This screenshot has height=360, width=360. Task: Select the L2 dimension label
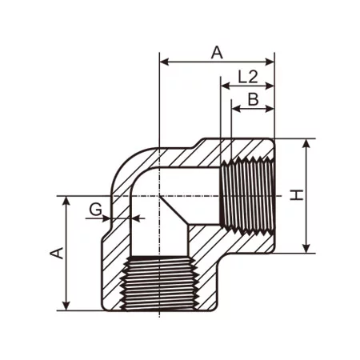click(248, 77)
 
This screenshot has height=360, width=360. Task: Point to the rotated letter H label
click(297, 195)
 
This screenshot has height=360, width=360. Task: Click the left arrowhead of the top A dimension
click(165, 61)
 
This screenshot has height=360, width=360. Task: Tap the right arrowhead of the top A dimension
click(270, 61)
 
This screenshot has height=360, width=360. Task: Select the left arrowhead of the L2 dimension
click(225, 86)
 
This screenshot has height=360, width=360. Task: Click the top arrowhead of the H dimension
click(307, 143)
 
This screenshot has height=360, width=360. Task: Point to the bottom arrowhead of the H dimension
click(307, 248)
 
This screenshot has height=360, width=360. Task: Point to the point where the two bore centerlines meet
click(160, 195)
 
